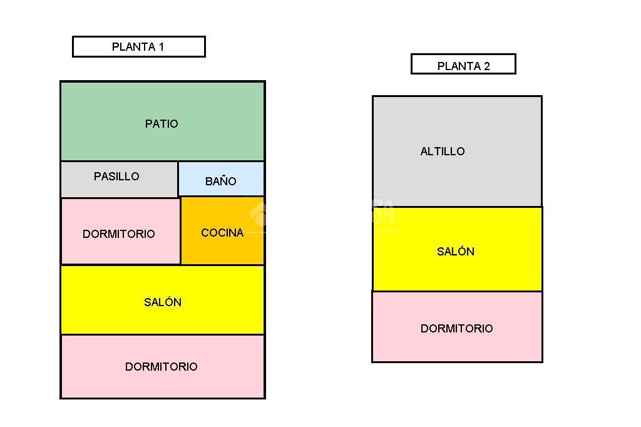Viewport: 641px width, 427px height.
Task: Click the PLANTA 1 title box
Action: tap(138, 47)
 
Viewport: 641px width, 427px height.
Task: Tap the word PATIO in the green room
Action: tap(162, 124)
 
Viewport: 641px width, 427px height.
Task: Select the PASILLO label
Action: tap(116, 177)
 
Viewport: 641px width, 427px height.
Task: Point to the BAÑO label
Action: tap(220, 182)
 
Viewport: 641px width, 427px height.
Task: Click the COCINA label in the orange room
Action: tap(222, 233)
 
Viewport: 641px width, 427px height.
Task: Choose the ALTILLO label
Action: tap(443, 152)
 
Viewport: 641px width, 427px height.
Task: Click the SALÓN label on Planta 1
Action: tap(163, 302)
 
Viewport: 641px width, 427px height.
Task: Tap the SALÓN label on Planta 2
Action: tap(456, 252)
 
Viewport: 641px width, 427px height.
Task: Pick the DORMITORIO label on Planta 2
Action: tap(456, 329)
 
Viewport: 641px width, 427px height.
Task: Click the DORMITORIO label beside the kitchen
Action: tap(119, 234)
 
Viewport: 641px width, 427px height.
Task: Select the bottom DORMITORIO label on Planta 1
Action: tap(162, 367)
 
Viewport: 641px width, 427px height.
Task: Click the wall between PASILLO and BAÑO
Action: tap(178, 179)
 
